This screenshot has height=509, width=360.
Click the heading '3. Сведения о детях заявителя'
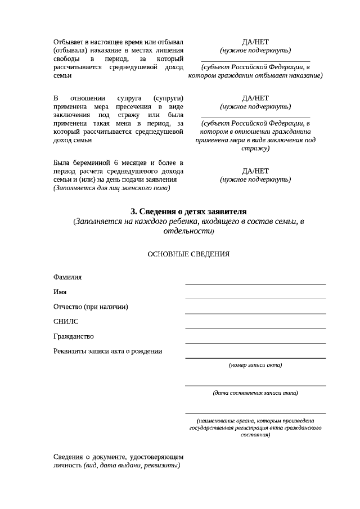[x=188, y=211]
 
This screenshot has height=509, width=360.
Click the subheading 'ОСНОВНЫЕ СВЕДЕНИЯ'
[x=188, y=254]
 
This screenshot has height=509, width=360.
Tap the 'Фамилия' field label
[x=67, y=277]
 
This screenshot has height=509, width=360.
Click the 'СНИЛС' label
[x=66, y=321]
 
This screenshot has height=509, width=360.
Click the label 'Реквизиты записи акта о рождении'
[x=107, y=351]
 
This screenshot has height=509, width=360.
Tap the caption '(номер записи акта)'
[x=255, y=366]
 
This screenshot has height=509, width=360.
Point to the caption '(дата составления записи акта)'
[x=255, y=393]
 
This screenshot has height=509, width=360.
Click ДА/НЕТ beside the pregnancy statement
[x=255, y=170]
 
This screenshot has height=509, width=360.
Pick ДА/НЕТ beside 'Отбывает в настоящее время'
[x=255, y=42]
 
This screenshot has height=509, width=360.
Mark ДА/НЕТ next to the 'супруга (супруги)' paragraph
[x=255, y=97]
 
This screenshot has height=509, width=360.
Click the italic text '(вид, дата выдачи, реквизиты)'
[x=132, y=466]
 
